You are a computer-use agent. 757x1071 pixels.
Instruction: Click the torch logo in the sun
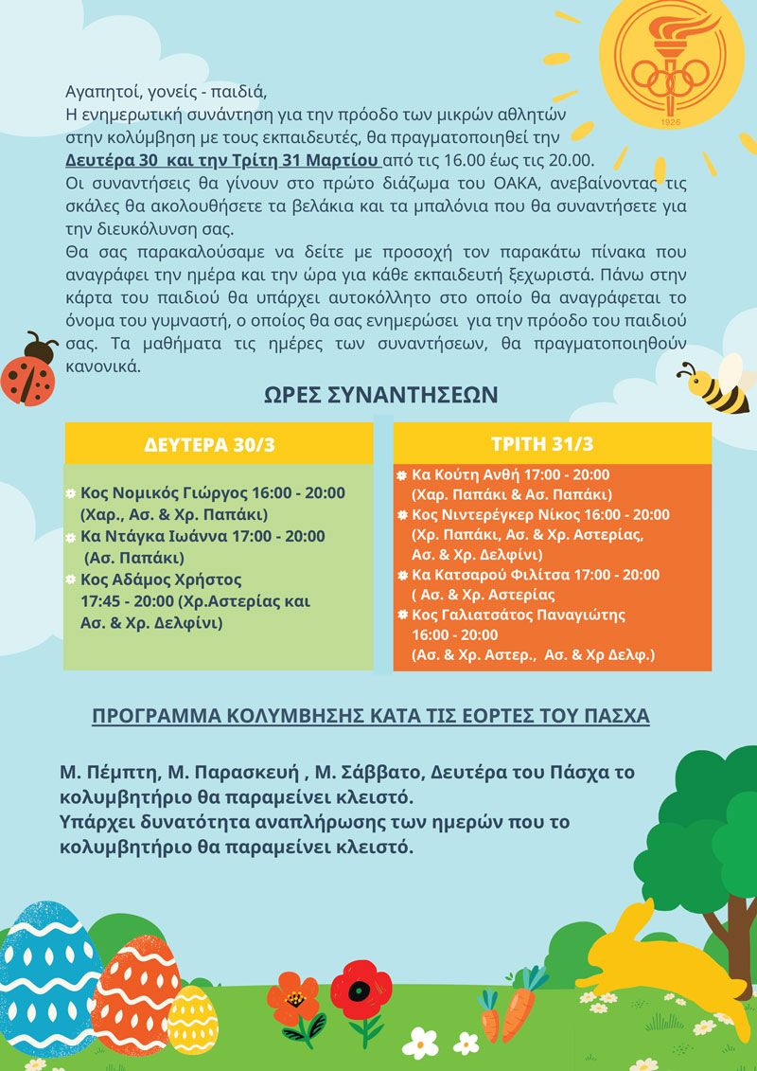pos(672,61)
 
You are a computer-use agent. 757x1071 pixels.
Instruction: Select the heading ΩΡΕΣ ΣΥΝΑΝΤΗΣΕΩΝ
pos(379,394)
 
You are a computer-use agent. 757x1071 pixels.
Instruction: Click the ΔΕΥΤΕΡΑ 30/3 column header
pos(218,444)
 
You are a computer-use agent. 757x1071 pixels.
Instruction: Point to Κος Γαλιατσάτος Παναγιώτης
pos(506,615)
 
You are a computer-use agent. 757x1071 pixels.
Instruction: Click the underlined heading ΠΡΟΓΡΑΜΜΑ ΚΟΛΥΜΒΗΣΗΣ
pos(370,716)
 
